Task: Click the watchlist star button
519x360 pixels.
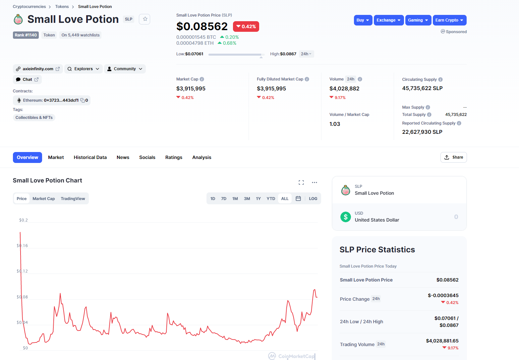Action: (144, 19)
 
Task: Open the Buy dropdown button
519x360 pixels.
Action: (363, 20)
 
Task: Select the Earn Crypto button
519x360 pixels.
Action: (449, 20)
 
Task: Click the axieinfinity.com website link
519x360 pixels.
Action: (38, 69)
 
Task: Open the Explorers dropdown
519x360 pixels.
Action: (84, 69)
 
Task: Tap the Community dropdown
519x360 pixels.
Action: (125, 69)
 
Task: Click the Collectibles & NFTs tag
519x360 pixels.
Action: (34, 117)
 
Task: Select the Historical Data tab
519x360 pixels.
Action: (90, 157)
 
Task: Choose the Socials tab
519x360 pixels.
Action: (147, 157)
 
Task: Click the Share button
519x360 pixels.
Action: (453, 157)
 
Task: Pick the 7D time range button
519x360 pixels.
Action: (224, 199)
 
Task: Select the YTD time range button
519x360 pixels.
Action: (271, 199)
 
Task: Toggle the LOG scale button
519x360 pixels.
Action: (313, 199)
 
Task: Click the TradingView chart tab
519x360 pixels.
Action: (73, 199)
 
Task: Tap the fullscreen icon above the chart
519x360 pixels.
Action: (301, 183)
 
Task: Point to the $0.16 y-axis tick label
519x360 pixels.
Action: (22, 246)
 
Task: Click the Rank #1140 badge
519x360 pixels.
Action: (26, 35)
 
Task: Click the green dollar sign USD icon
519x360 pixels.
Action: (345, 217)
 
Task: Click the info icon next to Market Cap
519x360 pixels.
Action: (202, 79)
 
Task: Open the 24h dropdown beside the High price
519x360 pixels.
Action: (306, 54)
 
